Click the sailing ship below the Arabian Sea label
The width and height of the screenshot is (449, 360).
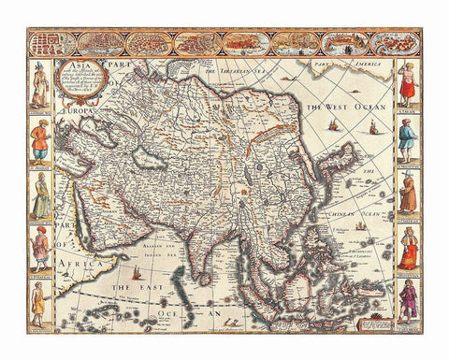tap(137, 273)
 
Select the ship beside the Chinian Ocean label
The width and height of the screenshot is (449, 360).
tap(360, 226)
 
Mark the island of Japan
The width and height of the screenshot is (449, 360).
tap(343, 159)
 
